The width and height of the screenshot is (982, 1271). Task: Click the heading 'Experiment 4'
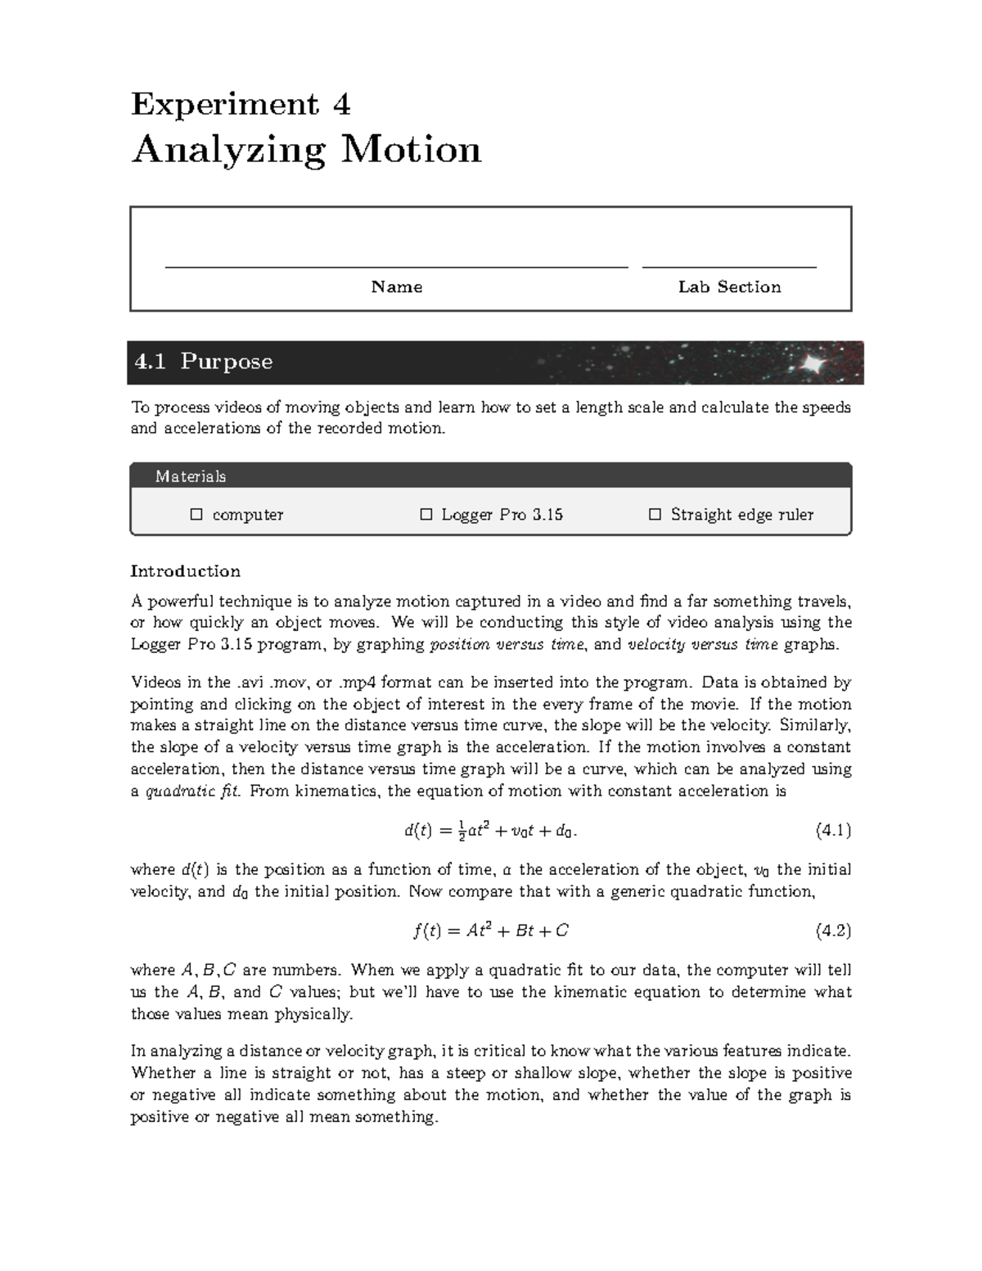click(x=241, y=105)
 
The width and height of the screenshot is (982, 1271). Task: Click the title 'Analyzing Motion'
click(x=306, y=150)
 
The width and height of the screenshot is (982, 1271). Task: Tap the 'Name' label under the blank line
click(x=396, y=286)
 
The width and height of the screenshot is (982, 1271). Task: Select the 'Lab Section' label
click(x=729, y=286)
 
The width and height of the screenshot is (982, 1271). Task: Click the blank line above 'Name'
click(x=396, y=266)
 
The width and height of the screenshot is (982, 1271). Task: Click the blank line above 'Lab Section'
click(x=729, y=266)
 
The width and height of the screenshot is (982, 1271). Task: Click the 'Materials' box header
click(x=191, y=476)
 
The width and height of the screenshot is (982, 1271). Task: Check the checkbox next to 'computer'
click(x=196, y=515)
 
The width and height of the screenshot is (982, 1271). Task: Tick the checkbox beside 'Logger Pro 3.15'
click(x=426, y=515)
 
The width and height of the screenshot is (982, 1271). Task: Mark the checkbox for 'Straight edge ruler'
click(x=654, y=515)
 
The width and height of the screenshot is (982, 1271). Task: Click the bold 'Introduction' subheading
click(x=185, y=571)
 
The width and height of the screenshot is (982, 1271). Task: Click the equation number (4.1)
click(x=833, y=831)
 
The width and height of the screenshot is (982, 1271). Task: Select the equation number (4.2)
click(x=833, y=931)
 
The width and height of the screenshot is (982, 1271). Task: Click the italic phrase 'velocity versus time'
click(x=702, y=644)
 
